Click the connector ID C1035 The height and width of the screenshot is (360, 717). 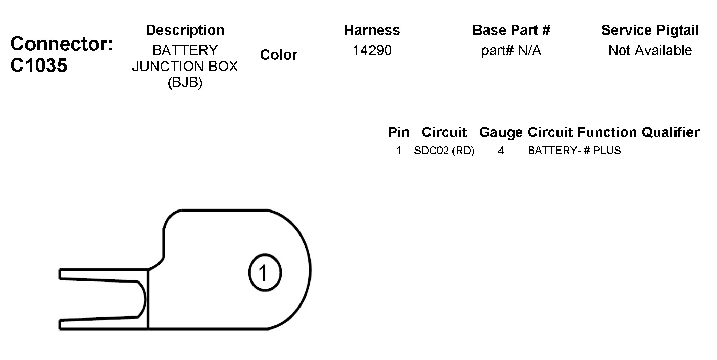pyautogui.click(x=39, y=65)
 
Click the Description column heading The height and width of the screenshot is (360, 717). pyautogui.click(x=185, y=30)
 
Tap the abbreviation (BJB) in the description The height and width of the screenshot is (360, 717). pyautogui.click(x=185, y=82)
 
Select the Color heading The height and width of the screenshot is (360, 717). pyautogui.click(x=279, y=55)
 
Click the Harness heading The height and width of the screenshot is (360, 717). pyautogui.click(x=372, y=30)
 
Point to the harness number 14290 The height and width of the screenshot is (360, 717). pyautogui.click(x=372, y=50)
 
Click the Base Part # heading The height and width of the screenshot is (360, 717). pyautogui.click(x=511, y=30)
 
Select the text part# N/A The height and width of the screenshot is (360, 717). pyautogui.click(x=511, y=51)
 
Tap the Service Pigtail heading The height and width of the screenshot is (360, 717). pyautogui.click(x=650, y=30)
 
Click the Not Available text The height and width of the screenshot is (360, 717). pyautogui.click(x=650, y=50)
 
